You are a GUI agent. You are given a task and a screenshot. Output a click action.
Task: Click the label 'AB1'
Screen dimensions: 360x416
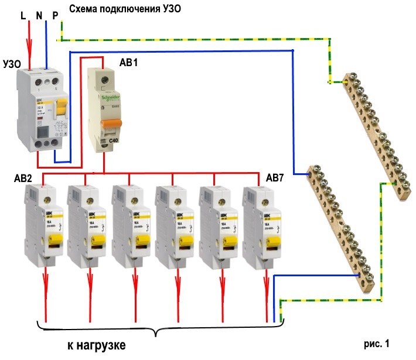click(129, 62)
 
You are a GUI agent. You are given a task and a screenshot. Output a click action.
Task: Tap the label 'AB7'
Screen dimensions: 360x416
click(276, 177)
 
